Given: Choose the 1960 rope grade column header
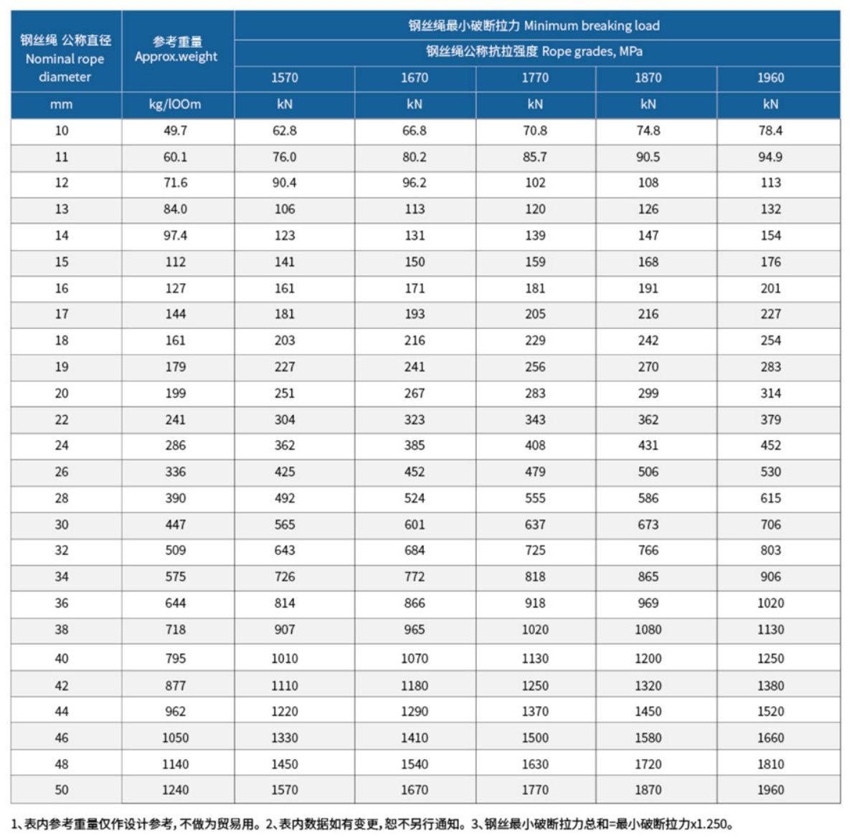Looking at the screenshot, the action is coord(770,77).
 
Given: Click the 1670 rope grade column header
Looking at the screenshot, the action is coord(415,77).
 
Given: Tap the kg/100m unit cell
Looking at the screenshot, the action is coord(175,104).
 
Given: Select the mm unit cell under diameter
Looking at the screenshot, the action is coord(62,104).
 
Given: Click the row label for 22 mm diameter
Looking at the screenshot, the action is coord(62,419).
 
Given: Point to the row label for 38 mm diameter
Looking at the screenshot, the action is coord(62,629).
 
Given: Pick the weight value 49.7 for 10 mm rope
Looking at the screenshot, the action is coord(175,130).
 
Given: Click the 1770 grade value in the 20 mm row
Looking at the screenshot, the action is coord(535,394).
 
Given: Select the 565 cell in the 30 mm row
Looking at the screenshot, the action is coord(285,525).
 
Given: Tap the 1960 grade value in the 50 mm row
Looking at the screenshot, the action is coord(770,790).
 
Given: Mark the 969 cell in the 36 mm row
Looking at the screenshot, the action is coord(648,603).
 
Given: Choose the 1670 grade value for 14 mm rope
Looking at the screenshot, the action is coord(415,235).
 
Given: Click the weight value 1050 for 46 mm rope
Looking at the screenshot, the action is coord(175,738).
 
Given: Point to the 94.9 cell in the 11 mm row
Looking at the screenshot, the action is coord(770,157).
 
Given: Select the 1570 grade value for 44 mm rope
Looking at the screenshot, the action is coord(285,711).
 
